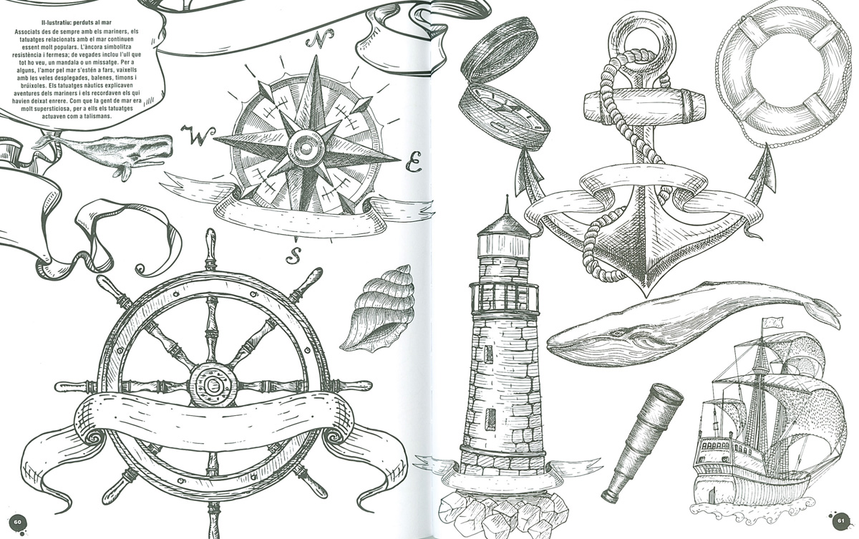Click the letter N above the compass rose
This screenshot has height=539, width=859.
(x=319, y=39)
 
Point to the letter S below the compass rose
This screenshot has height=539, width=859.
(x=294, y=256)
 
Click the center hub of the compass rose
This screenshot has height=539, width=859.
(x=306, y=147)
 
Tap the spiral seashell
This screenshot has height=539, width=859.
(x=378, y=308)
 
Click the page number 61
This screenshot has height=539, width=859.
(x=840, y=521)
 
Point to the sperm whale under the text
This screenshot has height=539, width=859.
(x=104, y=153)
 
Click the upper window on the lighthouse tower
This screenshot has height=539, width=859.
(x=488, y=353)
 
